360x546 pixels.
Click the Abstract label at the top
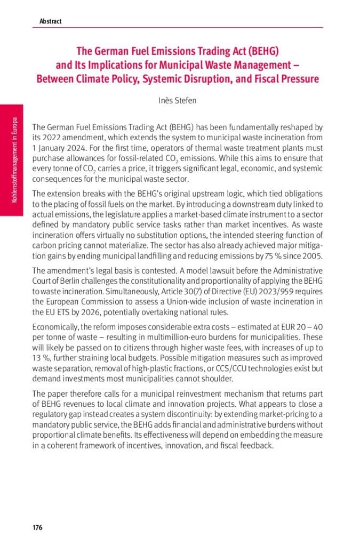coord(50,21)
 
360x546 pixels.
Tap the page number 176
coord(37,527)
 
